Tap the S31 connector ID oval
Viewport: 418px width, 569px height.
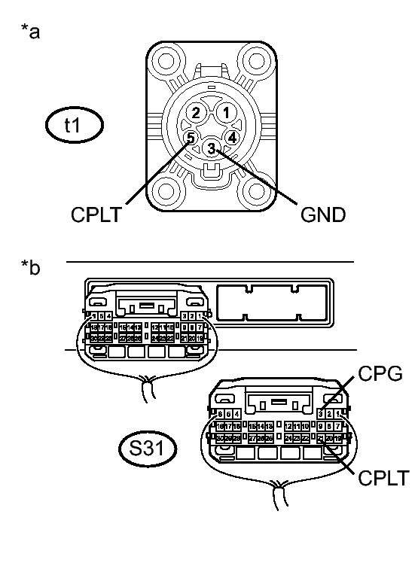point(148,450)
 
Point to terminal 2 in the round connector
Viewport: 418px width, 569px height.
point(196,113)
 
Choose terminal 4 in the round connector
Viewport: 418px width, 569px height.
point(233,138)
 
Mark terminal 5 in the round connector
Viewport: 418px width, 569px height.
point(191,138)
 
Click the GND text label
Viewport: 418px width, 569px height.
point(322,215)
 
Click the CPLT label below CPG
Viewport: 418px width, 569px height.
point(383,477)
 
